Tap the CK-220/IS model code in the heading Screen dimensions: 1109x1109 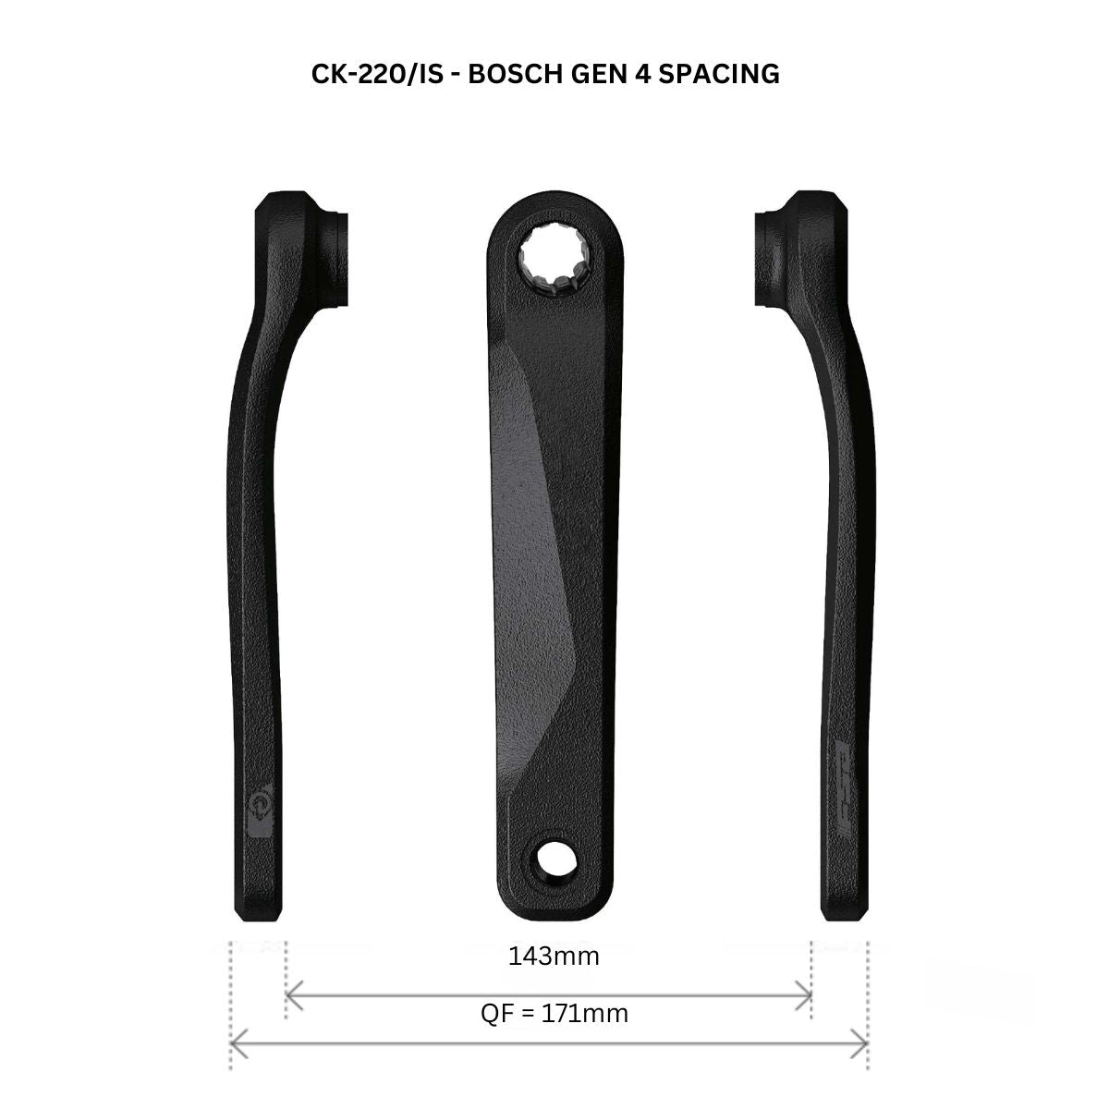click(x=379, y=74)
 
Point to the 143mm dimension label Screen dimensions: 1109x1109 click(x=554, y=956)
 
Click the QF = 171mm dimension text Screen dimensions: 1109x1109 click(x=554, y=1013)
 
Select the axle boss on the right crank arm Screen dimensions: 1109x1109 click(x=781, y=250)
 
